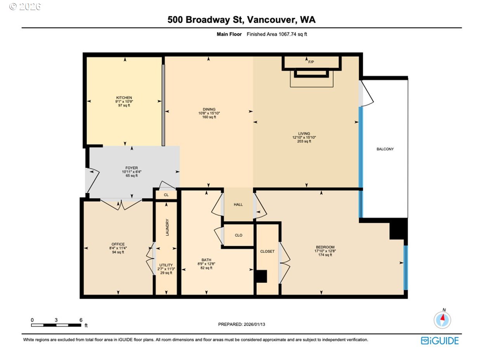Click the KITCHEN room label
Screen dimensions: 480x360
(x=124, y=98)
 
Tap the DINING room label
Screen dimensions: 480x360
(x=209, y=109)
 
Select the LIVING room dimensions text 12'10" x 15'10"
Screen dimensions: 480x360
(x=304, y=137)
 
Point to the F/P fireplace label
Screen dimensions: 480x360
(x=311, y=62)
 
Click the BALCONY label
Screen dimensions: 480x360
(x=385, y=149)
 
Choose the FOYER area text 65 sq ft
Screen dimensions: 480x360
(x=131, y=176)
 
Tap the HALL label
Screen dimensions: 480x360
(x=238, y=205)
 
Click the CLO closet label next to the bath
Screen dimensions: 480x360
(x=238, y=235)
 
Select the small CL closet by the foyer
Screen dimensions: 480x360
(x=166, y=195)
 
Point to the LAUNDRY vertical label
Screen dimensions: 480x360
(x=167, y=227)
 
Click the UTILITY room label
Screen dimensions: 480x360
(x=166, y=265)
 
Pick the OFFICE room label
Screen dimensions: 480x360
(x=118, y=244)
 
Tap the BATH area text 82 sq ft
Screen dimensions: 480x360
(x=206, y=268)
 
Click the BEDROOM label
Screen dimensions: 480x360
(x=325, y=247)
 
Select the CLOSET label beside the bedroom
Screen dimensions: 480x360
(x=267, y=251)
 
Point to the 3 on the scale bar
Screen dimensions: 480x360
(x=56, y=320)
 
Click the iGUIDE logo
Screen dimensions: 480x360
(x=440, y=341)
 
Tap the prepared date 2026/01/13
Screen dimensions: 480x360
(x=254, y=324)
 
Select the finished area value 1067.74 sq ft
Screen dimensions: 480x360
(x=293, y=34)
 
